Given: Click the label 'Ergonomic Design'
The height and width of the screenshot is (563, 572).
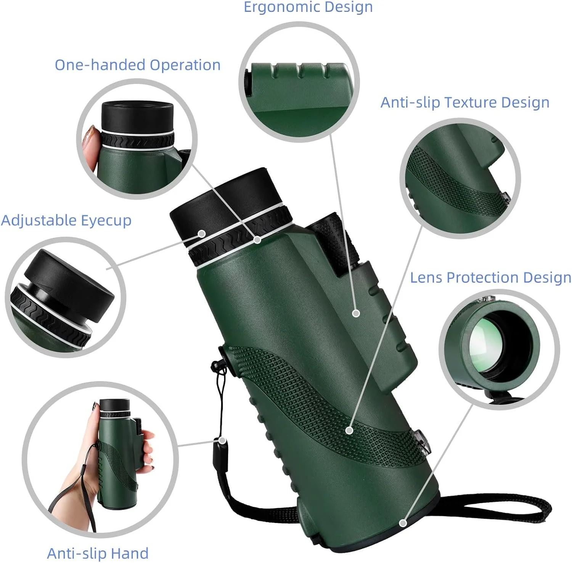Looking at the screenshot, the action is (308, 7).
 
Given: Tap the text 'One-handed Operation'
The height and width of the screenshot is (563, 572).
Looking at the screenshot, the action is (138, 65).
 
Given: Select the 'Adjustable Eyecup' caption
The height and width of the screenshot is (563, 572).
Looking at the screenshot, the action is (66, 221).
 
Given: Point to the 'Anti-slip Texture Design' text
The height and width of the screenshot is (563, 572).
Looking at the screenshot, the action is (465, 103).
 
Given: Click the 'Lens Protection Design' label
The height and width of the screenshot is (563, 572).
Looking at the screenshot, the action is (491, 277).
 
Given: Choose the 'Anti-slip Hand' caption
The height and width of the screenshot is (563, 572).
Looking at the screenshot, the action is (98, 553).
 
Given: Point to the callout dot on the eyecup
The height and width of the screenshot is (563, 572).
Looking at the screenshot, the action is (202, 234).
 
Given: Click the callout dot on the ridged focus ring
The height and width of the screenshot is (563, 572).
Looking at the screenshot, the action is (257, 240).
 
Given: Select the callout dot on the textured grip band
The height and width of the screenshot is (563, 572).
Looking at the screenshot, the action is (349, 430).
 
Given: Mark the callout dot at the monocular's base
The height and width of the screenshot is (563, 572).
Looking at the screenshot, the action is (403, 523).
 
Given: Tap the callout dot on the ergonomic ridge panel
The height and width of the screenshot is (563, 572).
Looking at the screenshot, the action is (356, 313).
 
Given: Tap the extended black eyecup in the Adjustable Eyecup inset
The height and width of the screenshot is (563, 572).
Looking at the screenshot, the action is (69, 284).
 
